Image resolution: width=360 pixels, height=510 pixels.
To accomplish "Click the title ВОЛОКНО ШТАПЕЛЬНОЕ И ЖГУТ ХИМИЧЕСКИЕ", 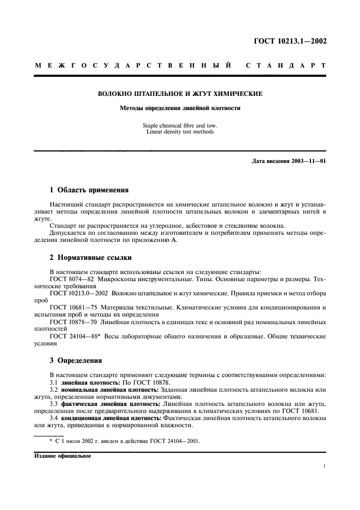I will point(180,94).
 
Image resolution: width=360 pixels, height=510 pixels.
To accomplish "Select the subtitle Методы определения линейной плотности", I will point(180,108).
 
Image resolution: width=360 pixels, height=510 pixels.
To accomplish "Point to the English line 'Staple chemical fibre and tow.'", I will point(180,125).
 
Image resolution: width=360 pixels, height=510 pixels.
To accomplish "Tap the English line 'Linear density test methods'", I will point(180,131).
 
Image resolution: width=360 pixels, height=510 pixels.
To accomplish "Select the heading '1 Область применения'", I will point(89,190).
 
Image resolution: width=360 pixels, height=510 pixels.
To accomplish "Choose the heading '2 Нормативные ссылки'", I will point(90,257).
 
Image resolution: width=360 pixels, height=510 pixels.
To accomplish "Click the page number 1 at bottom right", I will point(324,466).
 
